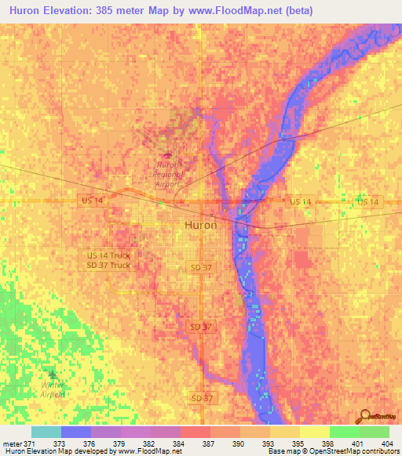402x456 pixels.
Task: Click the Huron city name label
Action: tap(200, 225)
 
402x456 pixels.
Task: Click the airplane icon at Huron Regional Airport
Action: tap(166, 155)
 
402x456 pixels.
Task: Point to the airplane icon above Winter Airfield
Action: tap(53, 375)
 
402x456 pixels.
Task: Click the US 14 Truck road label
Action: tap(109, 255)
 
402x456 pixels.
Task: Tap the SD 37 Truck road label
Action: tap(109, 265)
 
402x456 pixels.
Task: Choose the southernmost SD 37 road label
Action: tap(201, 399)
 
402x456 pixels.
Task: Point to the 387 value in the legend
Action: tap(207, 443)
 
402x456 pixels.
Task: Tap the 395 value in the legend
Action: tap(296, 443)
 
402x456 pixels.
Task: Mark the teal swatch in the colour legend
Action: tap(46, 432)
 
